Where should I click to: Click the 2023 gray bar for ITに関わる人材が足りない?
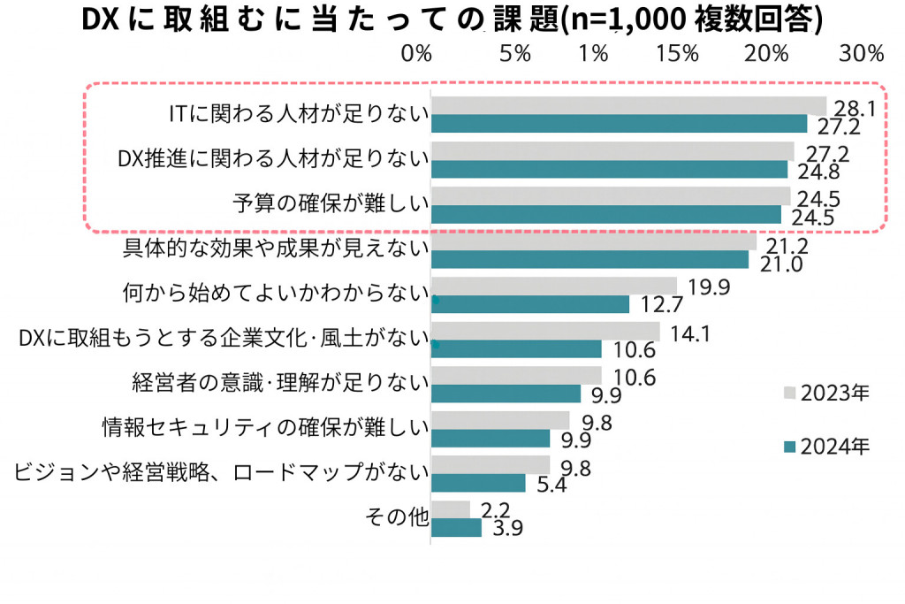point(627,105)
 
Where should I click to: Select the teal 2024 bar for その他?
point(456,527)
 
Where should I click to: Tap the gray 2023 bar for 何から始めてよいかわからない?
point(553,286)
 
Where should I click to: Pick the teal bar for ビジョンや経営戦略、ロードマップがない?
point(478,483)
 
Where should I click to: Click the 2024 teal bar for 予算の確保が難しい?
point(606,214)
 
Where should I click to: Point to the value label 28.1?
point(855,109)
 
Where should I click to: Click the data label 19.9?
point(707,286)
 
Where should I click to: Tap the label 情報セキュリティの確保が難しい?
point(265,428)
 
